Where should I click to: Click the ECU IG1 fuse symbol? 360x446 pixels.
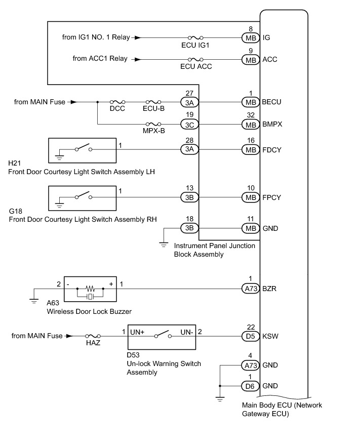195,37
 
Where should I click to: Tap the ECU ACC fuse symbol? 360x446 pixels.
195,59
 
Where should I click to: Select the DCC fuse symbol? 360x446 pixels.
117,102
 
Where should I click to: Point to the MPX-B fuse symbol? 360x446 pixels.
153,124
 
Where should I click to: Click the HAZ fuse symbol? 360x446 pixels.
93,336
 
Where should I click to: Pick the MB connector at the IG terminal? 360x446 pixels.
251,38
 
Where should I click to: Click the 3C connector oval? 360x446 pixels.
189,125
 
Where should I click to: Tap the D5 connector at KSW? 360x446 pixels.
251,336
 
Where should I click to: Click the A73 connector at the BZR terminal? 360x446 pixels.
251,289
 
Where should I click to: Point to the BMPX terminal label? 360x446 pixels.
272,125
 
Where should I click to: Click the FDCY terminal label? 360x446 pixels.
272,150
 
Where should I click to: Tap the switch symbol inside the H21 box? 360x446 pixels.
84,147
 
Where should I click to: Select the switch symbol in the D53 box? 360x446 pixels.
163,334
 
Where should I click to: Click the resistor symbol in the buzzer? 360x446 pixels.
90,289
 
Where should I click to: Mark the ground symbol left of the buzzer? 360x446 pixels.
34,301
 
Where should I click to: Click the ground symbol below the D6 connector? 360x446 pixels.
220,399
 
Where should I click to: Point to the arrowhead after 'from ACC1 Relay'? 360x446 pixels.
138,59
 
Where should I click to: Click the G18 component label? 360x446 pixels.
15,211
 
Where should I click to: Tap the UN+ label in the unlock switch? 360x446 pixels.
137,332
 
